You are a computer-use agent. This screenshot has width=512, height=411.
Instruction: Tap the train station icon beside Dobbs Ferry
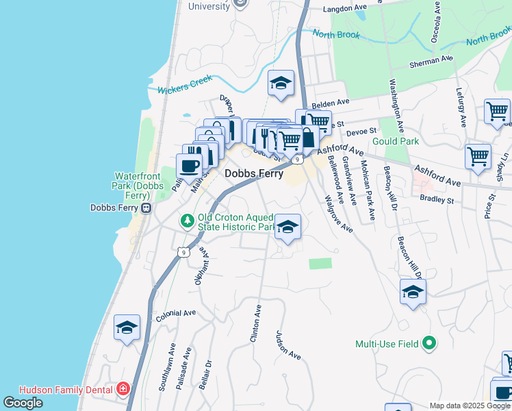[146, 208]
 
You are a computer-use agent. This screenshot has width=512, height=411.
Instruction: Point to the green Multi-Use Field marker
[429, 343]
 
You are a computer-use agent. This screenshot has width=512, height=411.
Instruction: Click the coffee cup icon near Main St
[190, 165]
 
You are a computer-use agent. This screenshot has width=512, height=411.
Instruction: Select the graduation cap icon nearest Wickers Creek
[281, 83]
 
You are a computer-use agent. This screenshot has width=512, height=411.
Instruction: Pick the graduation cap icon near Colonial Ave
[127, 328]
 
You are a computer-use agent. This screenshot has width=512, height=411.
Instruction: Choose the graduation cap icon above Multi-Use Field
[413, 292]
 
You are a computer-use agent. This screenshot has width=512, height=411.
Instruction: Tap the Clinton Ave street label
[257, 323]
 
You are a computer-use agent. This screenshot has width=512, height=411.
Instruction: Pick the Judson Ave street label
[288, 346]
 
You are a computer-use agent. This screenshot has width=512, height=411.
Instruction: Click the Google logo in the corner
[23, 403]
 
